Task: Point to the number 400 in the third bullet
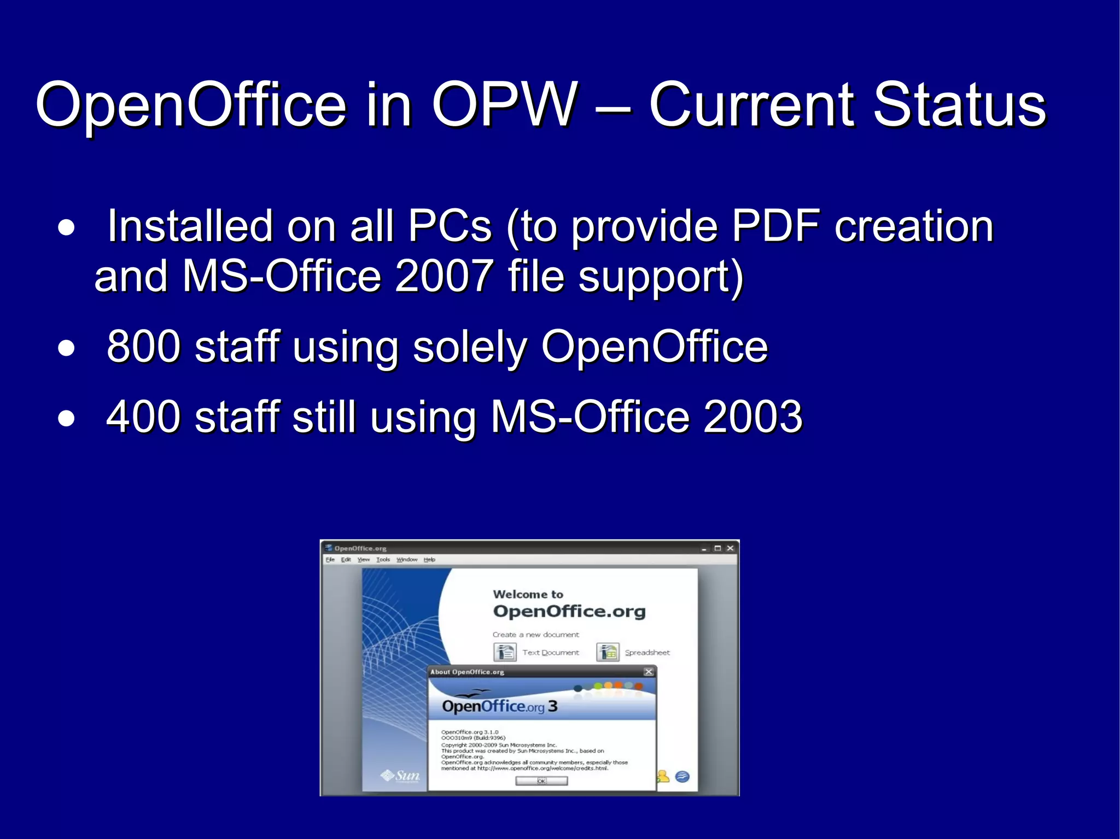coord(143,416)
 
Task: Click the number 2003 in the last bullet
coord(752,416)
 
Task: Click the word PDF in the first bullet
coord(776,226)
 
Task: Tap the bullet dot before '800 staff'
coord(66,348)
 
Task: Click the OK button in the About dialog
coord(541,781)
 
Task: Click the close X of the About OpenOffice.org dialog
coord(649,672)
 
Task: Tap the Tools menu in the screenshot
coord(383,560)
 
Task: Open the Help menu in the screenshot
coord(429,560)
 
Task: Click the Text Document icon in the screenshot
coord(505,652)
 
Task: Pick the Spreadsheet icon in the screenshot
coord(608,652)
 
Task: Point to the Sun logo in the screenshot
coord(401,776)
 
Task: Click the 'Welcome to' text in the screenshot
coord(528,594)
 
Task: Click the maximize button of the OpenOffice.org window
coord(717,548)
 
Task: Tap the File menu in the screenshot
coord(330,560)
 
